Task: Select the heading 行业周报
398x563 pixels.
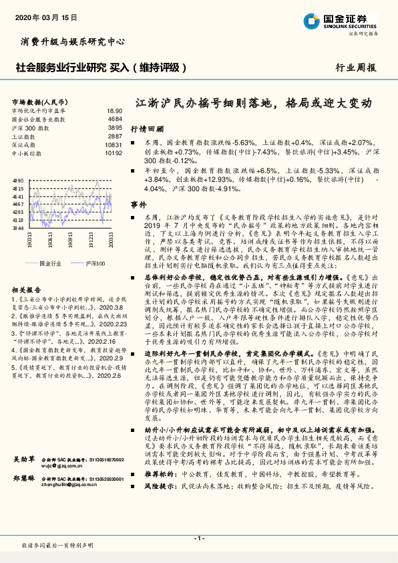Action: [355, 68]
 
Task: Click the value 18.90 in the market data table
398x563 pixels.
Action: [114, 111]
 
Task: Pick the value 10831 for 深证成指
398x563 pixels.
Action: [114, 144]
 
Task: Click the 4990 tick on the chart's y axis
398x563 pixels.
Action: [18, 181]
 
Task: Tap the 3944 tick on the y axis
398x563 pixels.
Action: [18, 228]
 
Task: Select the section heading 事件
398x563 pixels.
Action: [138, 203]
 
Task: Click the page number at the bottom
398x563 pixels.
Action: [198, 538]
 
